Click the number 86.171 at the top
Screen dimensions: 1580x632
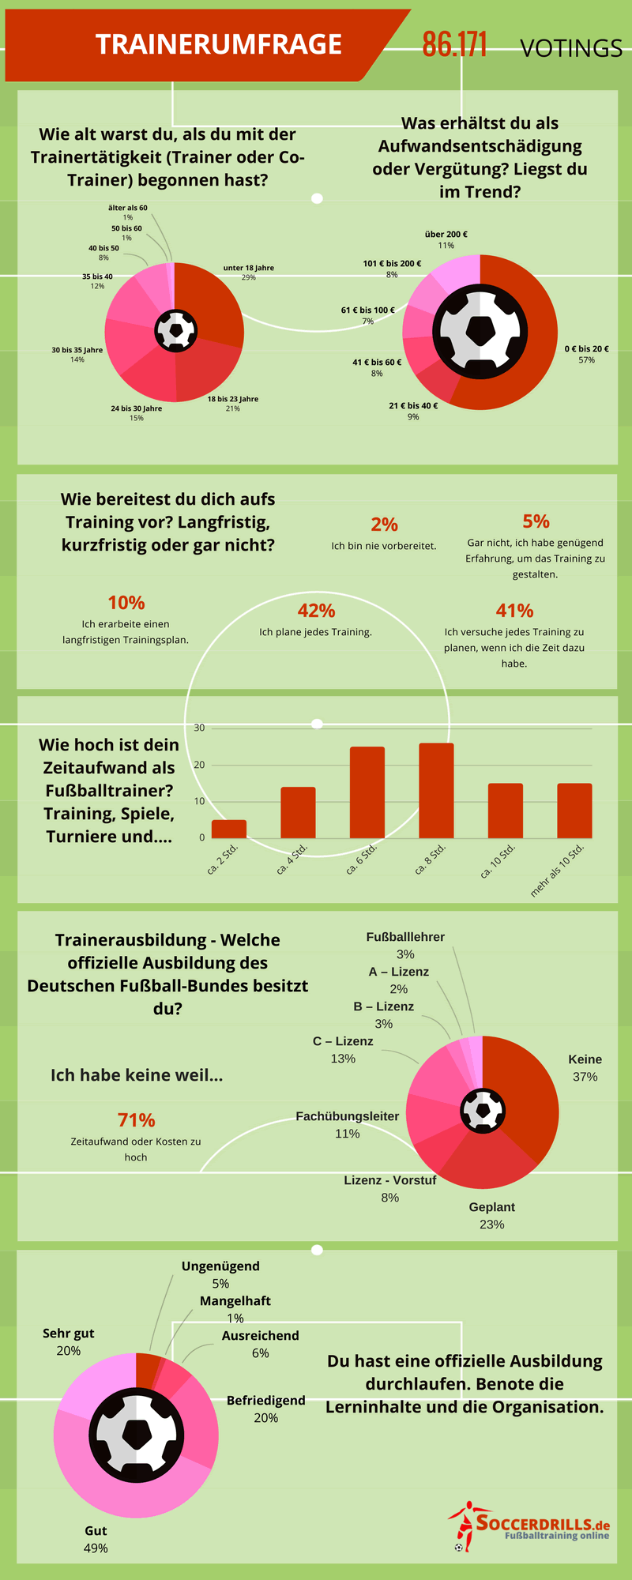point(454,45)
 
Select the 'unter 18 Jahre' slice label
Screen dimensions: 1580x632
point(249,269)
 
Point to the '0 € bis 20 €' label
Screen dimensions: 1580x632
point(586,349)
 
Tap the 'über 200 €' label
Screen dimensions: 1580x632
point(446,235)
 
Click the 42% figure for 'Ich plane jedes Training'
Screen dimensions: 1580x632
point(316,611)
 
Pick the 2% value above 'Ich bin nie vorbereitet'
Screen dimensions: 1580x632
point(384,525)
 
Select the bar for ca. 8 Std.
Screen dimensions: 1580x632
point(436,790)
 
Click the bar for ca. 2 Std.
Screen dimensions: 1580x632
point(229,829)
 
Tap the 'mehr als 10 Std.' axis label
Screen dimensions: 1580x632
point(558,869)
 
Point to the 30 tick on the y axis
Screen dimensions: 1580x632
point(200,728)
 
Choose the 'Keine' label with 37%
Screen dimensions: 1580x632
point(585,1060)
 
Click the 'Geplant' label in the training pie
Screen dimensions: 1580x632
point(491,1208)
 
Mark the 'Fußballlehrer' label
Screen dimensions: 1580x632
point(405,938)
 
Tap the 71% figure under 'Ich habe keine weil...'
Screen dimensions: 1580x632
point(136,1120)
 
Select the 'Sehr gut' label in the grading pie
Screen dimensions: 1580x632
point(69,1334)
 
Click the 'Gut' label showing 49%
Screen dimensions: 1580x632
point(96,1531)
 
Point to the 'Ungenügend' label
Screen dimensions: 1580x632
point(220,1266)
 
